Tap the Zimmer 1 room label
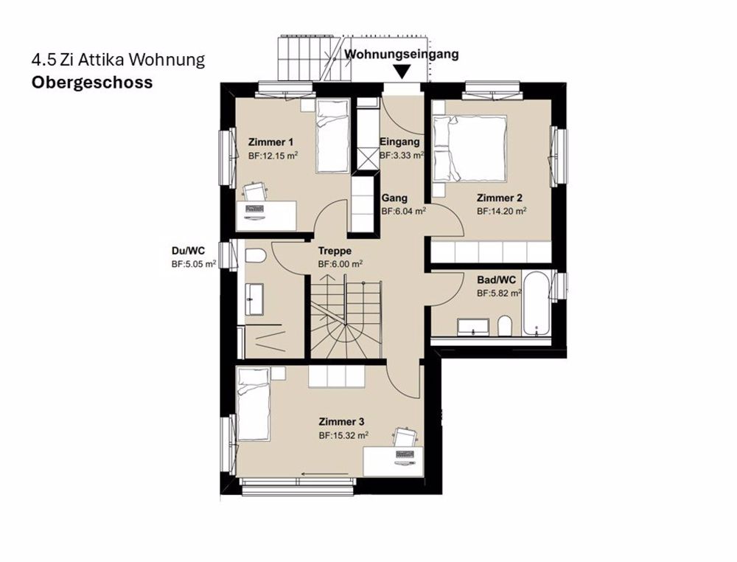(270, 142)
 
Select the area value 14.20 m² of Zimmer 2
(501, 211)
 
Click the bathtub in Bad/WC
(537, 304)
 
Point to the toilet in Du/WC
(255, 256)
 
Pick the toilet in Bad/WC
(505, 327)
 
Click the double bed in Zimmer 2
(469, 148)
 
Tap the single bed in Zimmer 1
(332, 136)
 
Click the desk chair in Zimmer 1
(255, 192)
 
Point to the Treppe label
(335, 251)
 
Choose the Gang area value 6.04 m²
(404, 211)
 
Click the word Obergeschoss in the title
(92, 83)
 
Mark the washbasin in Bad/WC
(473, 327)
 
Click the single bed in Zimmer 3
(254, 404)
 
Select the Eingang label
(399, 142)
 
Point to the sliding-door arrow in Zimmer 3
(325, 473)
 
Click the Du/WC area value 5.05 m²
(194, 264)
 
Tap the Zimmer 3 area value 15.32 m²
(343, 435)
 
